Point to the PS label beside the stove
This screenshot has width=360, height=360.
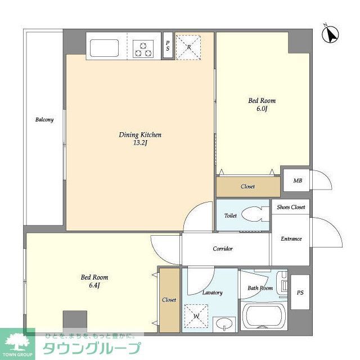(168, 46)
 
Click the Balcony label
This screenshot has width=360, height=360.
(44, 120)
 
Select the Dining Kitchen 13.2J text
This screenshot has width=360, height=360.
(140, 138)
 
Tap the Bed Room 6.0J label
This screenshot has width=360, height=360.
(262, 105)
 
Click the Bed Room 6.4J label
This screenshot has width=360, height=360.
(94, 281)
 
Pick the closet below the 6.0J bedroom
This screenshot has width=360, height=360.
(247, 186)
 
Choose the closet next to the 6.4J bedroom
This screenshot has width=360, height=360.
(169, 300)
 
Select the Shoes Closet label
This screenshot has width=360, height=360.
(290, 207)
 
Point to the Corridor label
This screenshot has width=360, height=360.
(223, 249)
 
